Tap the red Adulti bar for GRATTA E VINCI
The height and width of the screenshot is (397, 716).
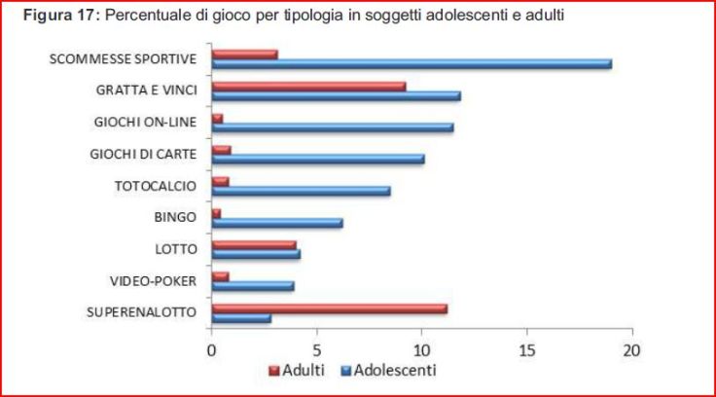click(308, 87)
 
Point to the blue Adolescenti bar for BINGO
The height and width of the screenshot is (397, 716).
click(277, 223)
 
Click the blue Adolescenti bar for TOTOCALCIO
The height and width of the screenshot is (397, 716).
click(301, 191)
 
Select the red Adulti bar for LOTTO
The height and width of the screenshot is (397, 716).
click(254, 245)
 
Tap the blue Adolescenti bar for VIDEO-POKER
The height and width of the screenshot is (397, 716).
click(253, 286)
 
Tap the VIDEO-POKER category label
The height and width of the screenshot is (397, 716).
click(157, 280)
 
